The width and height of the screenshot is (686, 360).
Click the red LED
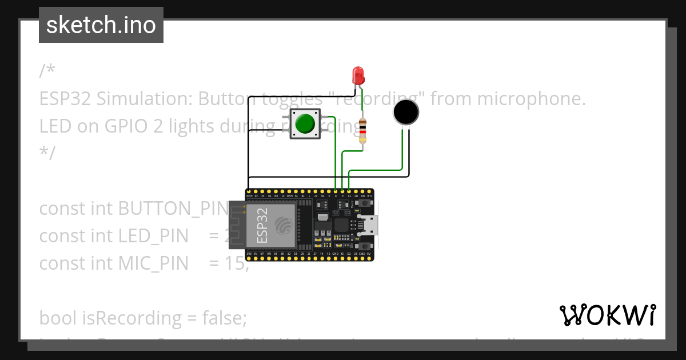click(x=358, y=75)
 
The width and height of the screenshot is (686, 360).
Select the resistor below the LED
click(x=362, y=130)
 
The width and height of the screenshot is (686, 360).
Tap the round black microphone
click(x=406, y=112)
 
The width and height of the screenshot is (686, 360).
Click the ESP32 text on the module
click(x=262, y=225)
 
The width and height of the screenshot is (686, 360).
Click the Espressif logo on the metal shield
click(x=283, y=225)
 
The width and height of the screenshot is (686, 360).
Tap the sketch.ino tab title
click(x=101, y=25)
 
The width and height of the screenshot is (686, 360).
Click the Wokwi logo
click(x=607, y=315)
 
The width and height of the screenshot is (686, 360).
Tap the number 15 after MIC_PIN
click(x=237, y=263)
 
